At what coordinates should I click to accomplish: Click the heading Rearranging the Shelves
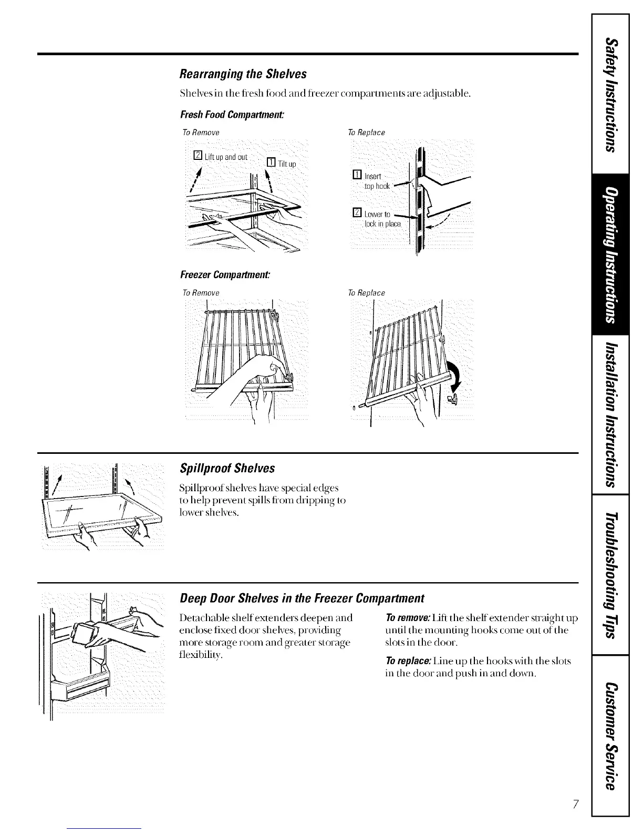pyautogui.click(x=243, y=74)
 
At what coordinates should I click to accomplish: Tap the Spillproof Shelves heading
pyautogui.click(x=227, y=468)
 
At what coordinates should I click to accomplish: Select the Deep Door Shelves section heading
pyautogui.click(x=302, y=598)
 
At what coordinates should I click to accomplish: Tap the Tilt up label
pyautogui.click(x=287, y=164)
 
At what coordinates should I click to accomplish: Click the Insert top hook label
pyautogui.click(x=376, y=181)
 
